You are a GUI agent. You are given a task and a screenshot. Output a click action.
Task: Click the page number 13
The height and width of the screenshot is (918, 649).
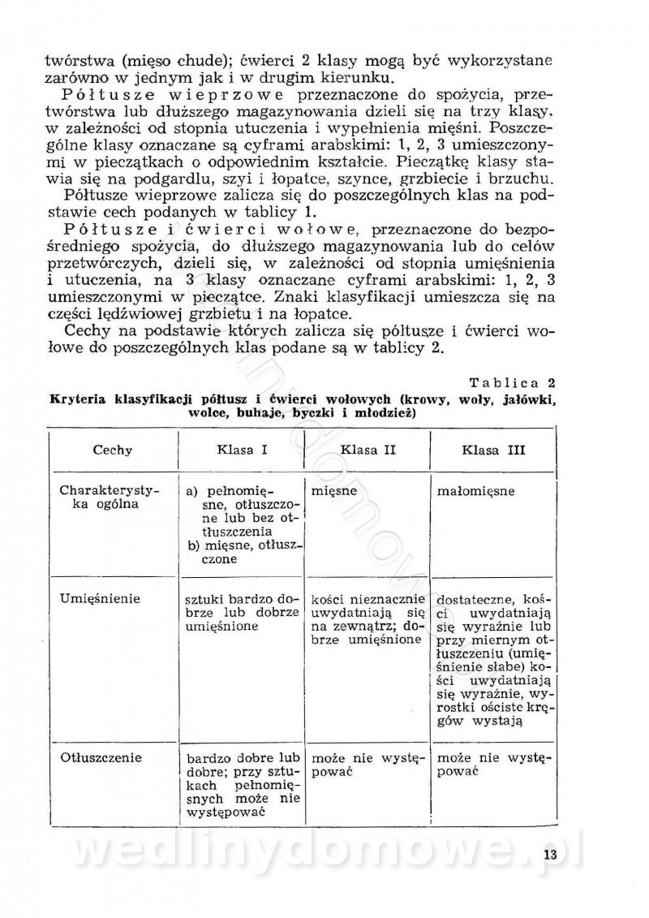click(x=551, y=855)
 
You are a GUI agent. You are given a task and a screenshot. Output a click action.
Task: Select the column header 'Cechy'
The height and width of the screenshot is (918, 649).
click(x=113, y=450)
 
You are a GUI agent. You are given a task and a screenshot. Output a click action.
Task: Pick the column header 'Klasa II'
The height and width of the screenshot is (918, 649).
click(x=367, y=449)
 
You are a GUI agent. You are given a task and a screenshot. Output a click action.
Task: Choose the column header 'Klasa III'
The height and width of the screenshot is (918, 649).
click(x=494, y=450)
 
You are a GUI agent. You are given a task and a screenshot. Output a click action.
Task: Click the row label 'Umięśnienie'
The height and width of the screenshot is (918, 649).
click(x=101, y=598)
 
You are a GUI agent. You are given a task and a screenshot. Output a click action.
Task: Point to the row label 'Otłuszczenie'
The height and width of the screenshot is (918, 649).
click(x=101, y=758)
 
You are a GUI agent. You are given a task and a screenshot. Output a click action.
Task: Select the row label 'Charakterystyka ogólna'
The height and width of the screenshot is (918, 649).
click(x=99, y=498)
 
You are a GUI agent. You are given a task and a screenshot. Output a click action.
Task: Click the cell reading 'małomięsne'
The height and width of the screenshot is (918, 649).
click(x=475, y=491)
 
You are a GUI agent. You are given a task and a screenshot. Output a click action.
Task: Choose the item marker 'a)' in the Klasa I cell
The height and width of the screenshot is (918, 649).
click(x=193, y=491)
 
